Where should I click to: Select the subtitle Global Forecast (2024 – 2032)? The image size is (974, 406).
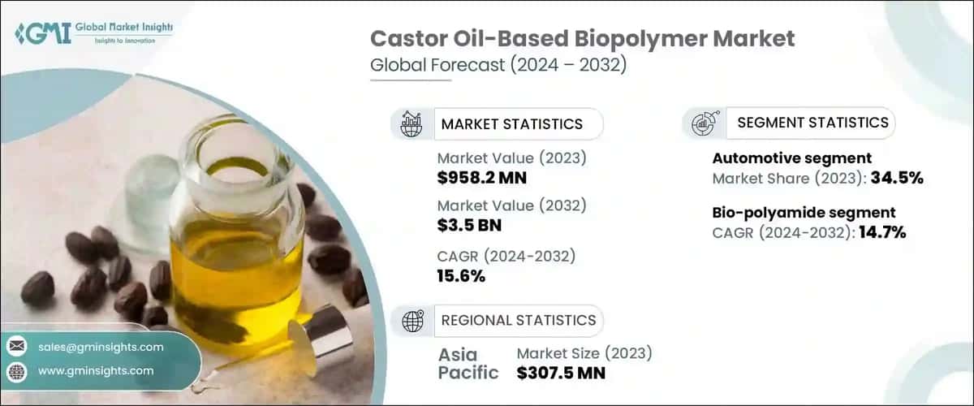tap(498, 66)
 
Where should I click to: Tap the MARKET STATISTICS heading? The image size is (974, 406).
tap(511, 124)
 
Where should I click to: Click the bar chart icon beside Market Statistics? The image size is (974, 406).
tap(412, 124)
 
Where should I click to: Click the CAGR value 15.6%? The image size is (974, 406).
tap(461, 276)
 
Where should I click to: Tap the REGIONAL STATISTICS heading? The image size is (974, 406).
tap(518, 320)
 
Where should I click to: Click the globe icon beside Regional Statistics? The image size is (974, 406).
tap(412, 321)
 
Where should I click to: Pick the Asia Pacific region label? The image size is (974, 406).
tap(469, 364)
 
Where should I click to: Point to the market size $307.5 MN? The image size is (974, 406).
tap(561, 373)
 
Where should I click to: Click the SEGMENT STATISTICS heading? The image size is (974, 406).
tap(812, 123)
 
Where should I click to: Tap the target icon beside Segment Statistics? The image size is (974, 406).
tap(702, 123)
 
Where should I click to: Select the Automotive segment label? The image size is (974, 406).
tap(791, 158)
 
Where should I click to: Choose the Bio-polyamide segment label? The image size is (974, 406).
tap(804, 213)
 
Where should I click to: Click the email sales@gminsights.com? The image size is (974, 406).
tap(101, 347)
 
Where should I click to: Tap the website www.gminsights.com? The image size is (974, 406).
tap(96, 370)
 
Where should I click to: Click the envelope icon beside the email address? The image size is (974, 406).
tap(16, 347)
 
